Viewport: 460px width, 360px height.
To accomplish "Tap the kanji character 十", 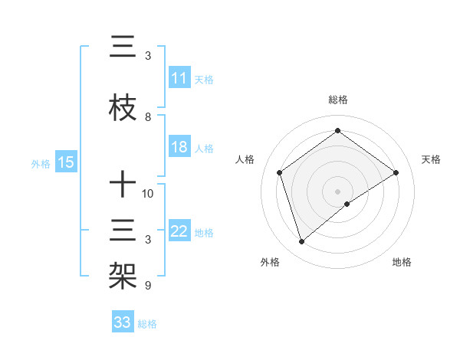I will [x=123, y=185].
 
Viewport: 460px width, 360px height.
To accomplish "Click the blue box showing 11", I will [x=179, y=79].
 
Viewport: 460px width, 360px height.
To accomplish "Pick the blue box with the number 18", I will [x=179, y=148].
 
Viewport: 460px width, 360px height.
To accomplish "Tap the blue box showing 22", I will [x=179, y=232].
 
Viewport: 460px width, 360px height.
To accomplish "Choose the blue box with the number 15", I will [x=66, y=162].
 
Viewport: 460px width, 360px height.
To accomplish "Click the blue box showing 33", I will [x=123, y=322].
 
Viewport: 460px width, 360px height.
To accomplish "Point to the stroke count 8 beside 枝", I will [x=148, y=117].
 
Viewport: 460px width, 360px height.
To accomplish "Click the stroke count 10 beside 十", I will [x=148, y=194].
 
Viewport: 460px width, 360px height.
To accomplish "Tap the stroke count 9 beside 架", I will [x=148, y=286].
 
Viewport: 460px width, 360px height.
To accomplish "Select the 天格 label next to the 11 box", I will [x=204, y=80].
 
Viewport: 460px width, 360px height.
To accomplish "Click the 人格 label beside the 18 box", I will [x=204, y=149].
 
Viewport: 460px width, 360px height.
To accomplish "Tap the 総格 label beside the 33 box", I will [x=147, y=323].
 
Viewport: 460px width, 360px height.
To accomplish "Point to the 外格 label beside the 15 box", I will [x=41, y=163].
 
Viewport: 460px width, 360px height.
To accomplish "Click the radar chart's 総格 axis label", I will [x=337, y=100].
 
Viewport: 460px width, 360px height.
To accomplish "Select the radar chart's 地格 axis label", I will [x=402, y=263].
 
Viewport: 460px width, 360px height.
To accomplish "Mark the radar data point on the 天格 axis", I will [x=396, y=172].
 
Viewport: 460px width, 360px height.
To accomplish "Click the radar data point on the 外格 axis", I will [x=302, y=242].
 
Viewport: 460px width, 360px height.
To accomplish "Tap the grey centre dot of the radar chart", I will [x=337, y=191].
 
